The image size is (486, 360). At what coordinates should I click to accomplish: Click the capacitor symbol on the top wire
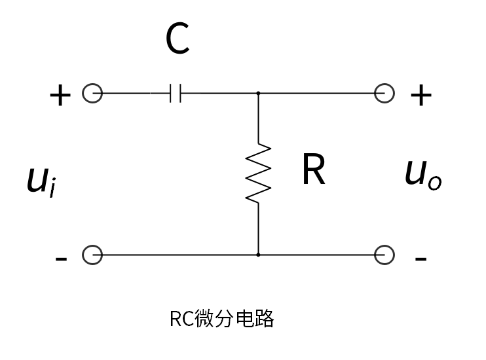click(x=175, y=94)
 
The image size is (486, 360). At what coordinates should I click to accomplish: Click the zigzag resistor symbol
click(x=258, y=173)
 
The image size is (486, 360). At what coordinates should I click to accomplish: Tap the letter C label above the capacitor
click(x=178, y=39)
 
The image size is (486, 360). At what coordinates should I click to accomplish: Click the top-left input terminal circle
click(x=92, y=94)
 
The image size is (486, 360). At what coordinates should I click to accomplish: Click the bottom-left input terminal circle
click(x=92, y=254)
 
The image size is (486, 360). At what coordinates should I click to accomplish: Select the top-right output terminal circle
click(x=384, y=94)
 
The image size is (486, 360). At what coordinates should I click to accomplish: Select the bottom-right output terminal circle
click(x=384, y=254)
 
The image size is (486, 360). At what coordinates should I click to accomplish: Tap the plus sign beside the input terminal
click(x=60, y=96)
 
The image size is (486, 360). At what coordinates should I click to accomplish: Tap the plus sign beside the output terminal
click(x=421, y=96)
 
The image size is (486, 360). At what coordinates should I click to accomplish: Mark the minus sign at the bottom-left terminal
click(x=61, y=259)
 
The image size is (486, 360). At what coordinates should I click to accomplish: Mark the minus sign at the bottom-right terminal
click(x=421, y=259)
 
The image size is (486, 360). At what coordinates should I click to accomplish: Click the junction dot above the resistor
click(x=258, y=94)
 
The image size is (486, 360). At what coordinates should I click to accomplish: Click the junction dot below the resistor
click(x=258, y=254)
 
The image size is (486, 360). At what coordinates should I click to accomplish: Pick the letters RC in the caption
click(x=181, y=319)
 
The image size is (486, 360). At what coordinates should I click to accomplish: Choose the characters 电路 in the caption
click(x=253, y=319)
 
